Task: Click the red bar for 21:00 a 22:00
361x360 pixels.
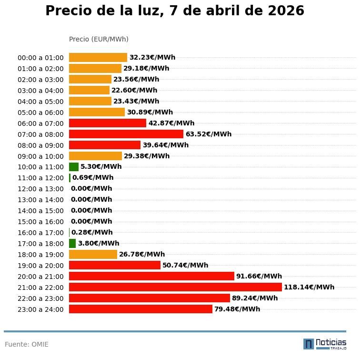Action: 175,287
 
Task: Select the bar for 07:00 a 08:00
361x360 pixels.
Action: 126,134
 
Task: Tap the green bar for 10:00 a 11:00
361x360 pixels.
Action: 74,167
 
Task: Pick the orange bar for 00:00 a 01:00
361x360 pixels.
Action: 98,57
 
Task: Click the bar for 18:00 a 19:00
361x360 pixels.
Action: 93,254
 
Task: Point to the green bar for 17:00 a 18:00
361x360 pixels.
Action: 72,243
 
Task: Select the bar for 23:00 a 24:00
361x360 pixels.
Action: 140,309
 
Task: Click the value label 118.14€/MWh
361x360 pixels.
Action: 309,287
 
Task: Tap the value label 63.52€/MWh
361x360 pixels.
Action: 209,134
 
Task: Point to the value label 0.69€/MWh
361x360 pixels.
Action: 93,177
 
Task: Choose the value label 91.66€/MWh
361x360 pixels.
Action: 259,276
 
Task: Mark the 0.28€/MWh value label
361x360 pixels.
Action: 92,232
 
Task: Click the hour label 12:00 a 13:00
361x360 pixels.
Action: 40,189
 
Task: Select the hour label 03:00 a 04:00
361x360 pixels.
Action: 40,91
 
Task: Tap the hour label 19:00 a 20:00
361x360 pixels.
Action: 40,266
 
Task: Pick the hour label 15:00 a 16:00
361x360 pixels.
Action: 40,222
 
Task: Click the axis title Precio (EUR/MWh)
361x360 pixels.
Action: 99,39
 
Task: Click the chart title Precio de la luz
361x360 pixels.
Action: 174,11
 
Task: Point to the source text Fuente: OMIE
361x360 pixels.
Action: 27,344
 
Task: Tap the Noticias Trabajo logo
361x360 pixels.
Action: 325,344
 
